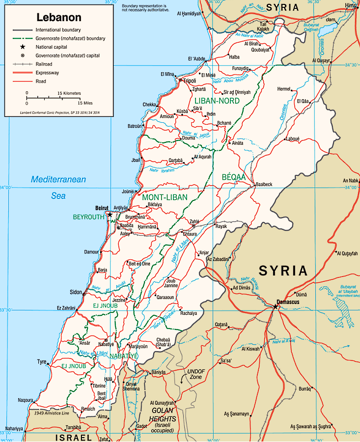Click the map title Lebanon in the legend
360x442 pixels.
tap(58, 18)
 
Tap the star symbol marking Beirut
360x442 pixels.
tap(110, 215)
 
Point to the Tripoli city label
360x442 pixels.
tap(189, 81)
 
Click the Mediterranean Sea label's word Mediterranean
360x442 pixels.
tap(58, 180)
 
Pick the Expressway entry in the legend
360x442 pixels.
tap(49, 73)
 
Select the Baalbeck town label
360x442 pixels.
tap(264, 185)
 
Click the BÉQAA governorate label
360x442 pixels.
tap(233, 177)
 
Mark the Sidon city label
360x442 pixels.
tap(76, 292)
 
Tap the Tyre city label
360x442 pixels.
tap(41, 362)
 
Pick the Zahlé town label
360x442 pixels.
tap(194, 221)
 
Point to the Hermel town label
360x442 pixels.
tap(284, 89)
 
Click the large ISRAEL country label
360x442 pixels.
tap(73, 437)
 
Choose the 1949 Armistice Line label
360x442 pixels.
tap(52, 413)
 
